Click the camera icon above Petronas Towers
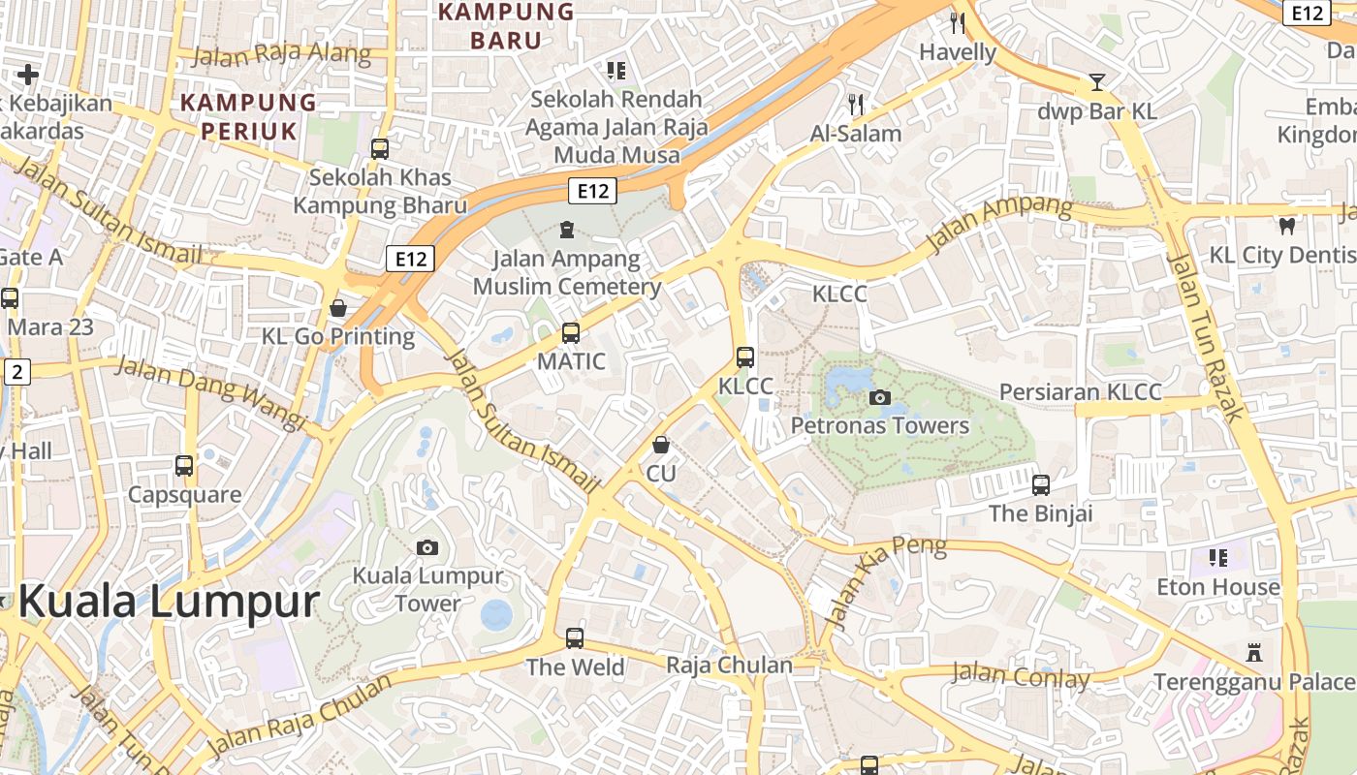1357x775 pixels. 880,397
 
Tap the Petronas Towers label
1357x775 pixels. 879,425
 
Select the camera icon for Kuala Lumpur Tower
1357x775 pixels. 426,547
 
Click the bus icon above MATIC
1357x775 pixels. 571,333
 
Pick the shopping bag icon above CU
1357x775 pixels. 661,445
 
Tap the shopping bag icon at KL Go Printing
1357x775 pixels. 338,308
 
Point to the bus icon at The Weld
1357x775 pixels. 575,638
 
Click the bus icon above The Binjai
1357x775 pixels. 1040,484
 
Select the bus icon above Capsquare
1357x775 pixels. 184,466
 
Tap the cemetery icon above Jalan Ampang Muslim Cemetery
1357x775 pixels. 566,230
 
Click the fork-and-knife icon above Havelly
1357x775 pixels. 958,23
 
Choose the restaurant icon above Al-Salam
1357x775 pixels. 855,104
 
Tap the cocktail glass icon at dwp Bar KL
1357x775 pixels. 1096,82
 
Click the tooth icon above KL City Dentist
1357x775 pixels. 1287,226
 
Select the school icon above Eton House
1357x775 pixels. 1218,557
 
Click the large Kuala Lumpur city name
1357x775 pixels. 168,602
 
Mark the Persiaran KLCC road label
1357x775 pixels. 1080,391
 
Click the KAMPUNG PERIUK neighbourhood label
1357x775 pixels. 248,115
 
